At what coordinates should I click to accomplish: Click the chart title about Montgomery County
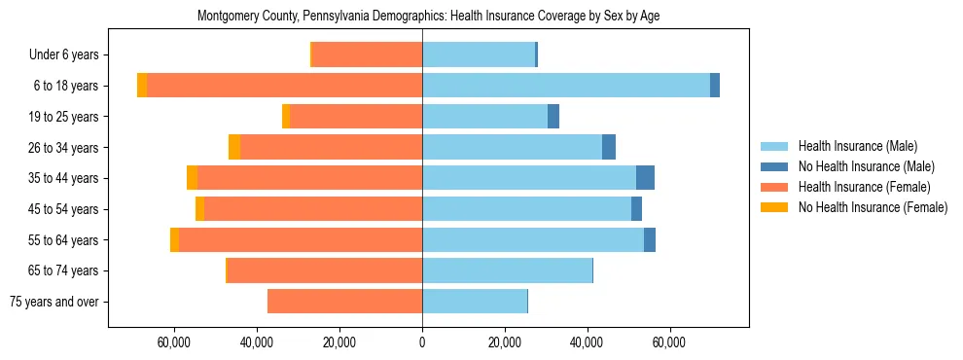click(x=428, y=17)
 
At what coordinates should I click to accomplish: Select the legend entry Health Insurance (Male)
click(x=857, y=146)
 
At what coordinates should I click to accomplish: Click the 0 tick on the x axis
click(x=422, y=343)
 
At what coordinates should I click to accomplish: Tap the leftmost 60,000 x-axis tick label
click(x=174, y=343)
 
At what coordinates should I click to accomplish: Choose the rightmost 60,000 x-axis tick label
click(x=670, y=343)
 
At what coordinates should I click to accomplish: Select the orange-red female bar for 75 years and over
click(x=344, y=302)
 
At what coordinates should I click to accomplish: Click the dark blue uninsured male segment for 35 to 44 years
click(x=645, y=178)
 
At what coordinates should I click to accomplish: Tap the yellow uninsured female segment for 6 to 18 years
click(x=142, y=86)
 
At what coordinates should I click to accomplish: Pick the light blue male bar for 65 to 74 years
click(x=507, y=270)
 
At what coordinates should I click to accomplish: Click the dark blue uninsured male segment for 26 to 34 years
click(x=609, y=147)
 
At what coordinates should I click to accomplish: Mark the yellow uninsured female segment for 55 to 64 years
click(x=174, y=239)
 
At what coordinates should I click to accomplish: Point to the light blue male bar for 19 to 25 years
click(x=484, y=117)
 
